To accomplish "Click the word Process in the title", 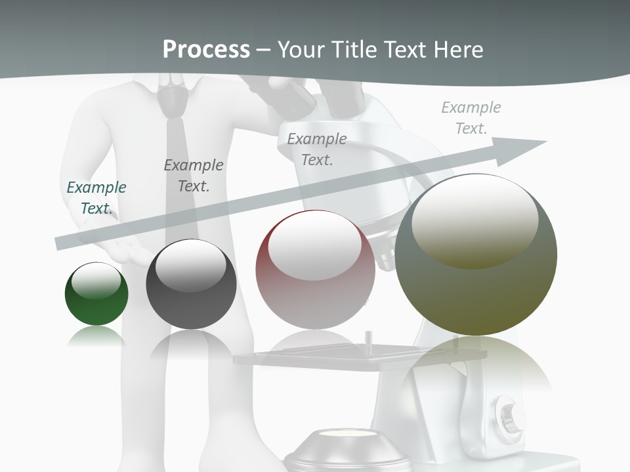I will click(x=206, y=49).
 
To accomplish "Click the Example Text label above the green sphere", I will click(x=96, y=197).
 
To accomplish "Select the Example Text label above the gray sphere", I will click(x=194, y=175).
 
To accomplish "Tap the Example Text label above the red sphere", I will click(x=317, y=149).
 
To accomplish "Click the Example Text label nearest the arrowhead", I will click(x=471, y=117).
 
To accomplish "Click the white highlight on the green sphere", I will click(x=96, y=281).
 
